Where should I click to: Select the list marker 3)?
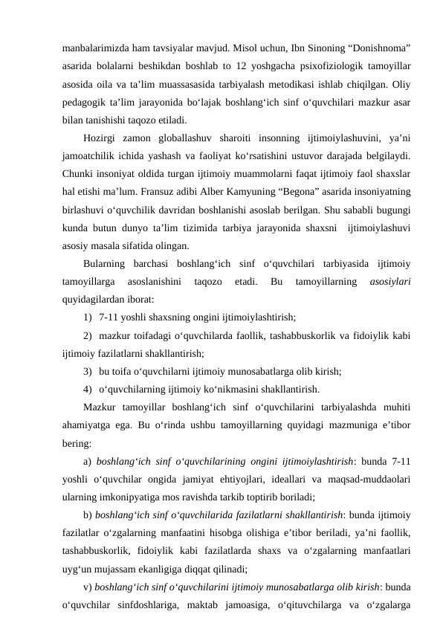(x=89, y=371)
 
